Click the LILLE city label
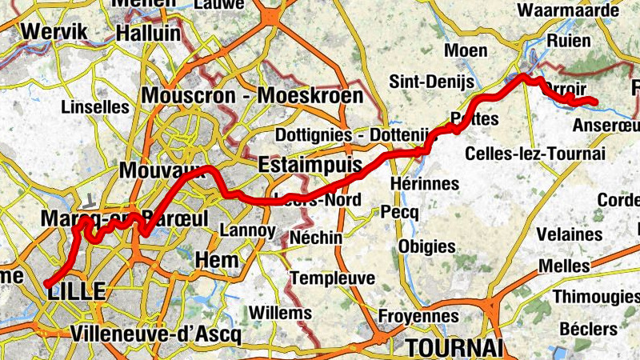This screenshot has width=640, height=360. [x=77, y=292]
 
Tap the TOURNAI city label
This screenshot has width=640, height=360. [x=454, y=348]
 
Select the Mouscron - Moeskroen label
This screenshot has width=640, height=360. [x=252, y=97]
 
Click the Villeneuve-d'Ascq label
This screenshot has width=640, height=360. [x=155, y=334]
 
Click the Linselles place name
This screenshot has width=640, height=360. [x=95, y=106]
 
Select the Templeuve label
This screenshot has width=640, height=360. [x=333, y=278]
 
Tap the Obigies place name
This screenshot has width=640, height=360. [x=426, y=246]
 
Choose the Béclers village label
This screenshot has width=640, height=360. [x=589, y=329]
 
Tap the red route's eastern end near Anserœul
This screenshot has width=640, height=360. [x=595, y=100]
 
